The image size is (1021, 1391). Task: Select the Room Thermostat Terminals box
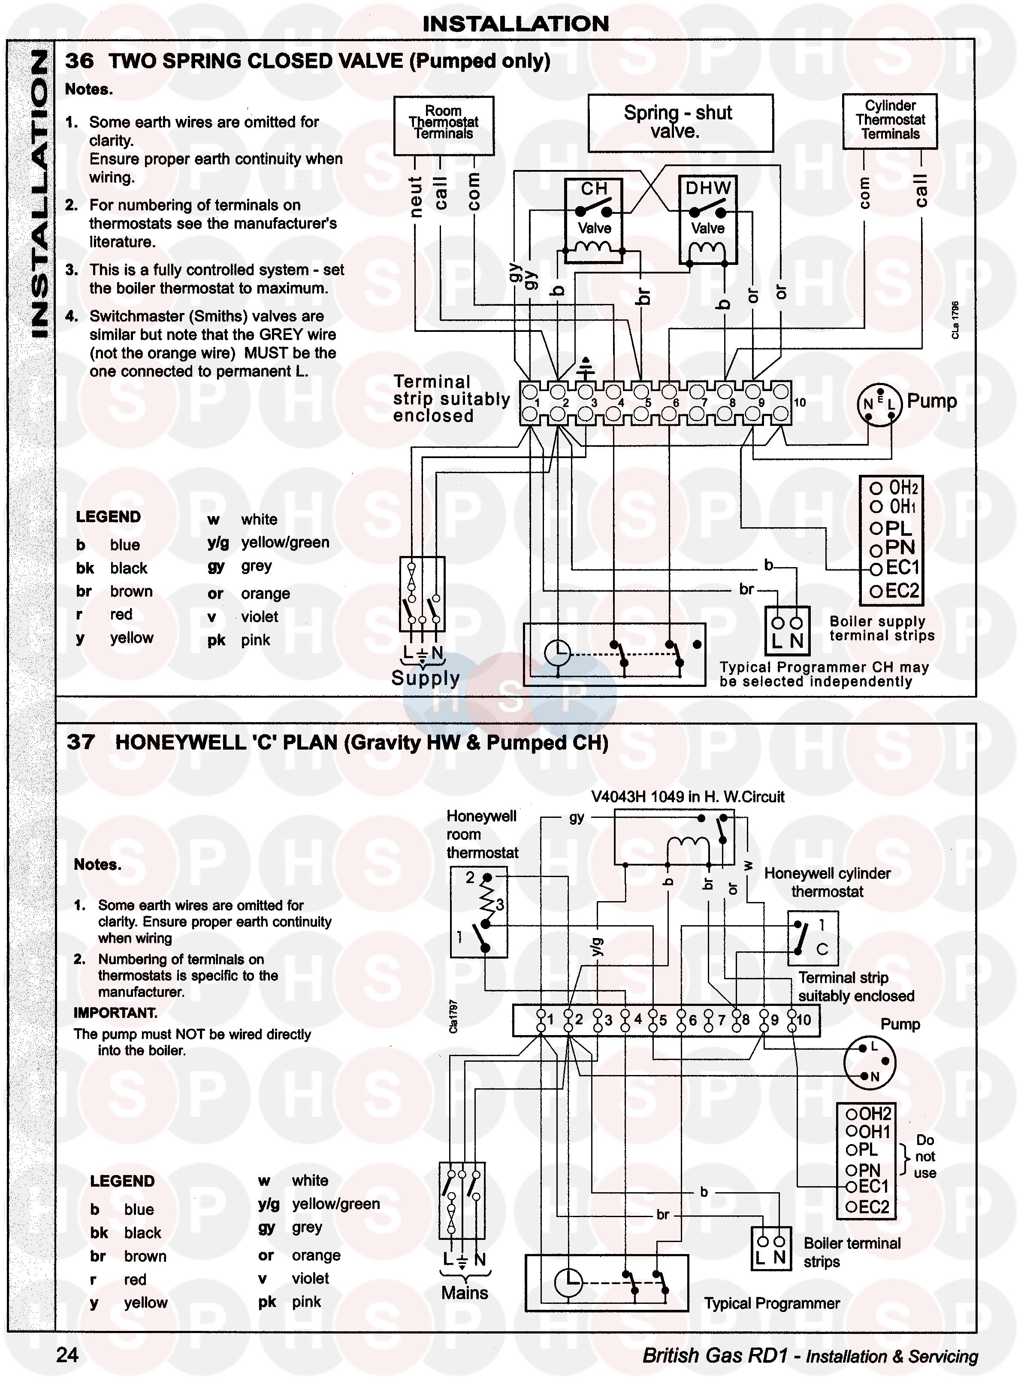tap(444, 125)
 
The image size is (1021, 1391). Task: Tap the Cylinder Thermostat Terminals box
tap(890, 121)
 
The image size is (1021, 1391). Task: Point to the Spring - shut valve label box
tap(680, 122)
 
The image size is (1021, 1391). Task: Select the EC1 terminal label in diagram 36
tap(901, 568)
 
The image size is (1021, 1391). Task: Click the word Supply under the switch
tap(425, 678)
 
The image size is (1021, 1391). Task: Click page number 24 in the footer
tap(67, 1355)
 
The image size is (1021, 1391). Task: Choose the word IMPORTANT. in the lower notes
tap(115, 1012)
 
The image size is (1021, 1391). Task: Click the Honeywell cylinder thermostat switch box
tap(813, 938)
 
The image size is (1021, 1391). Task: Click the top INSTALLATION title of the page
tap(516, 24)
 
